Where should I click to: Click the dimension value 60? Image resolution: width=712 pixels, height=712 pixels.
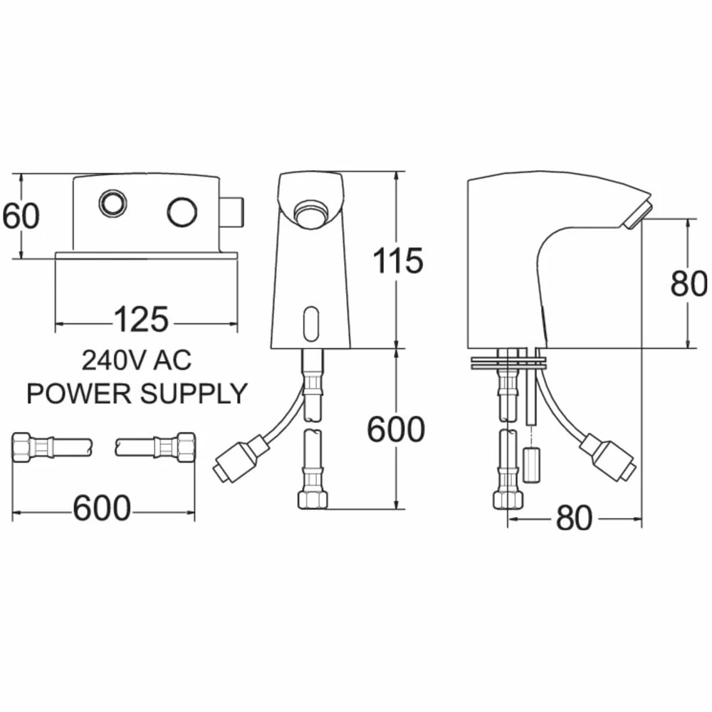coord(21,216)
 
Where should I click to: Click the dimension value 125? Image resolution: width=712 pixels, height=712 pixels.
coord(141,320)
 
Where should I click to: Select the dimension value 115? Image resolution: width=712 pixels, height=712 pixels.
coord(398,261)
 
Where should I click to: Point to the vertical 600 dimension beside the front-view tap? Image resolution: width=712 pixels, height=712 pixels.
coord(396,429)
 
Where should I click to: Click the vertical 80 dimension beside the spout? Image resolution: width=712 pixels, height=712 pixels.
coord(689,283)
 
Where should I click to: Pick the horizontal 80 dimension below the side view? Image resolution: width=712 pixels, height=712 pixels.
coord(574,518)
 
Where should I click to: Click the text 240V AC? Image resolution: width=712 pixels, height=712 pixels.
coord(137,360)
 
